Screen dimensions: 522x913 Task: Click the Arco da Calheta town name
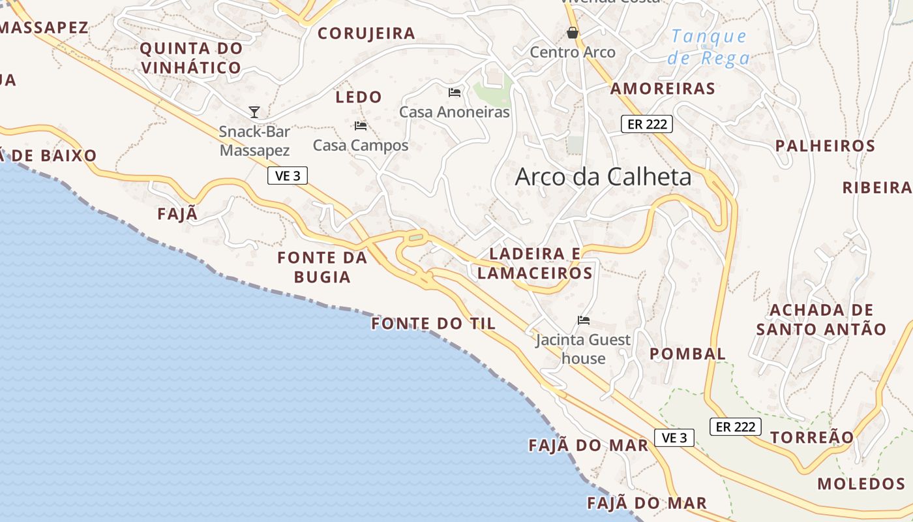click(603, 177)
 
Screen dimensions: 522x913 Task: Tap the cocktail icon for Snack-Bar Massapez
click(254, 112)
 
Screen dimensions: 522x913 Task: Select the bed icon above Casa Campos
click(361, 126)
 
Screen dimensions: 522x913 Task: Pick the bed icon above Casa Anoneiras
click(455, 93)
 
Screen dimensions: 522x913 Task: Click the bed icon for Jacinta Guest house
click(584, 320)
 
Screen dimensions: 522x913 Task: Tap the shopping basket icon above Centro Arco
click(573, 33)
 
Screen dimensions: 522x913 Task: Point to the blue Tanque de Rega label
click(708, 47)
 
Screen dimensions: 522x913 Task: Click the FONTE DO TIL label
click(434, 324)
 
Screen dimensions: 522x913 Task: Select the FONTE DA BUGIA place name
click(322, 267)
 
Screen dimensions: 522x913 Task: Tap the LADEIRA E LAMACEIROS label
click(535, 263)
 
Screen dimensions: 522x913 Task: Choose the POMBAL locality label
click(687, 354)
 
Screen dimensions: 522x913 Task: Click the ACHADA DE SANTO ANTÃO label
click(821, 319)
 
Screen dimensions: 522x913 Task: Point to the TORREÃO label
click(812, 437)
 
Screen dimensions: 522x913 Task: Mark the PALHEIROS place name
click(825, 146)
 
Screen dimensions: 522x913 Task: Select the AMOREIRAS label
click(663, 89)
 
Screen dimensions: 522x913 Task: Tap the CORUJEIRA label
click(366, 33)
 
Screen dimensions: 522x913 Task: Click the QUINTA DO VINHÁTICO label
click(191, 57)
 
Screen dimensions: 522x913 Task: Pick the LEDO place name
click(359, 97)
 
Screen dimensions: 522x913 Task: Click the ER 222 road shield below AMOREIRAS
click(646, 124)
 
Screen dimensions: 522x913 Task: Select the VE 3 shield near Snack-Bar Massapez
click(287, 176)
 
